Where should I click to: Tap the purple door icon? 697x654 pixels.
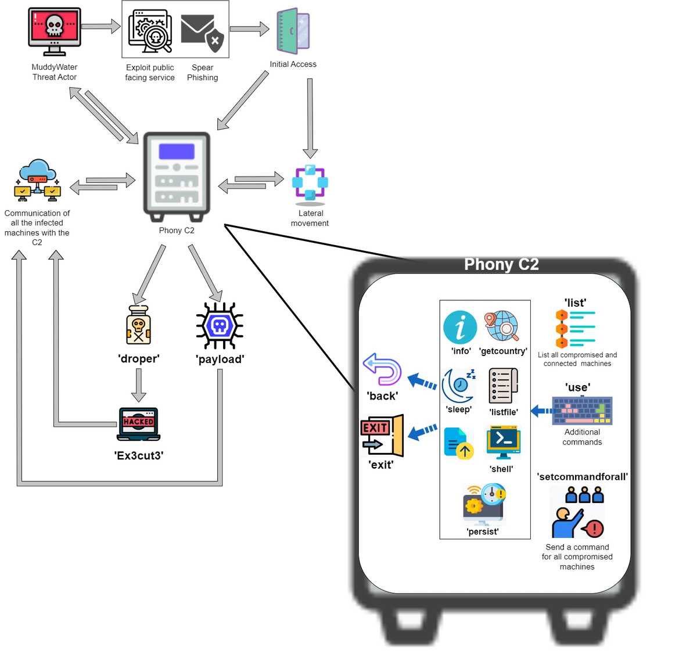pos(293,33)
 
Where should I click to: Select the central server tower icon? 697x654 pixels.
pos(177,176)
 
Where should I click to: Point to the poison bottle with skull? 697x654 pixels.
pos(138,327)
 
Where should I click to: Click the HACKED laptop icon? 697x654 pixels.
pos(138,425)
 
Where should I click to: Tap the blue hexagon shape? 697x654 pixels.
pos(220,326)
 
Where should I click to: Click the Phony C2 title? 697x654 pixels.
pos(501,265)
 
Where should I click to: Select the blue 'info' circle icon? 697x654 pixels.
pos(460,327)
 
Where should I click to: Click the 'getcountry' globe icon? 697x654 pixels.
pos(502,326)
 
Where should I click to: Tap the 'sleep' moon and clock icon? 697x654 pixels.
pos(459,386)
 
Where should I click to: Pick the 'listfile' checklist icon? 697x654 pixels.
pos(502,386)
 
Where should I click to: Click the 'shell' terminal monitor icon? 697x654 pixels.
pos(503,443)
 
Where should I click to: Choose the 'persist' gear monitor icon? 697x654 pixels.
pos(484,505)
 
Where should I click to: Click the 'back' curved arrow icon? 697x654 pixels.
pos(382,370)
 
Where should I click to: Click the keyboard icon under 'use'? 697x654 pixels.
pos(582,411)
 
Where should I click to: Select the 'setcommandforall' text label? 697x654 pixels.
pos(583,477)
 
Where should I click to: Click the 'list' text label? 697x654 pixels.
pos(575,303)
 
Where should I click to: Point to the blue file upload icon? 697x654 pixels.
pos(459,443)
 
